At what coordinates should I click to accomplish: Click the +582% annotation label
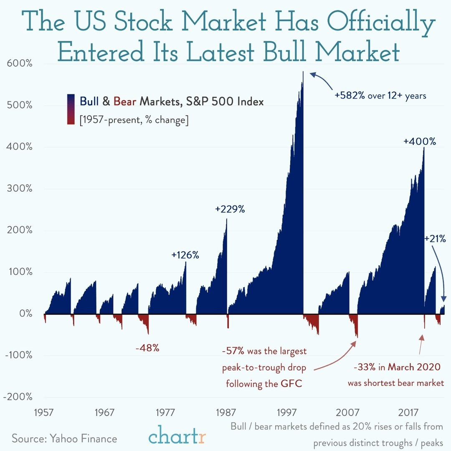tap(350, 96)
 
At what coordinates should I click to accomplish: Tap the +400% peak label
tap(419, 142)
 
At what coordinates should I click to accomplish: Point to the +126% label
tap(185, 255)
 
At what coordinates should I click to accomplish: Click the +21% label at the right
tap(435, 239)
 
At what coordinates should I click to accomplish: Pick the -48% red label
tap(147, 348)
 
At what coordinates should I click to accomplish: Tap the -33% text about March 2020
tap(364, 367)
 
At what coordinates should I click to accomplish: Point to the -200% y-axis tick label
tap(17, 397)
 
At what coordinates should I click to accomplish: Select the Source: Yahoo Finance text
tap(64, 438)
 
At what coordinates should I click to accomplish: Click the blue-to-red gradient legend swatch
tap(71, 109)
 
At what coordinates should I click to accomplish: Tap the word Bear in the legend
tap(125, 101)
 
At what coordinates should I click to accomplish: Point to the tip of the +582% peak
tap(303, 72)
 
